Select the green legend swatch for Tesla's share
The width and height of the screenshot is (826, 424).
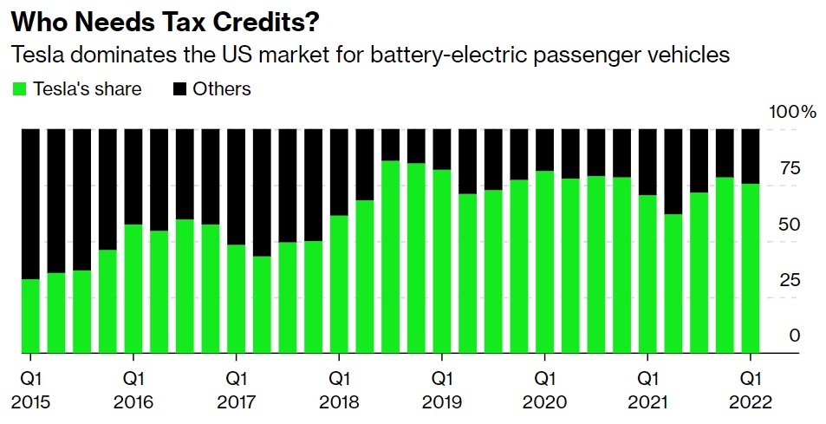pyautogui.click(x=18, y=88)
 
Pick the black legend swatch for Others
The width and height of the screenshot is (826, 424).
pyautogui.click(x=180, y=88)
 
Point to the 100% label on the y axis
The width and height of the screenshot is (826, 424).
pyautogui.click(x=793, y=112)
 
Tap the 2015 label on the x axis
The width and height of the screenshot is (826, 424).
pyautogui.click(x=30, y=402)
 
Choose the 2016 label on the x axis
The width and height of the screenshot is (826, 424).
pyautogui.click(x=133, y=402)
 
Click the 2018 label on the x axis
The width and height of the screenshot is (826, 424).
pyautogui.click(x=339, y=402)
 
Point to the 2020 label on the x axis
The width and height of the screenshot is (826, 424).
pyautogui.click(x=544, y=402)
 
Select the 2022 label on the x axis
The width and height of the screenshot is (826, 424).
pyautogui.click(x=750, y=402)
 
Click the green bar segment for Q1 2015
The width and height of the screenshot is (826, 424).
pyautogui.click(x=30, y=316)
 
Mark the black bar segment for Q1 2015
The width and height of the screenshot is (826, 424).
pyautogui.click(x=30, y=204)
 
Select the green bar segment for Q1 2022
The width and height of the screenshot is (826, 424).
pyautogui.click(x=750, y=269)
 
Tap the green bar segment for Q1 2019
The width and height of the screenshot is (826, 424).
pyautogui.click(x=442, y=262)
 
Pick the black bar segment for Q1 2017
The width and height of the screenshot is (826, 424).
pyautogui.click(x=236, y=186)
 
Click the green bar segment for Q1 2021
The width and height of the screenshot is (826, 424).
pyautogui.click(x=647, y=275)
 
